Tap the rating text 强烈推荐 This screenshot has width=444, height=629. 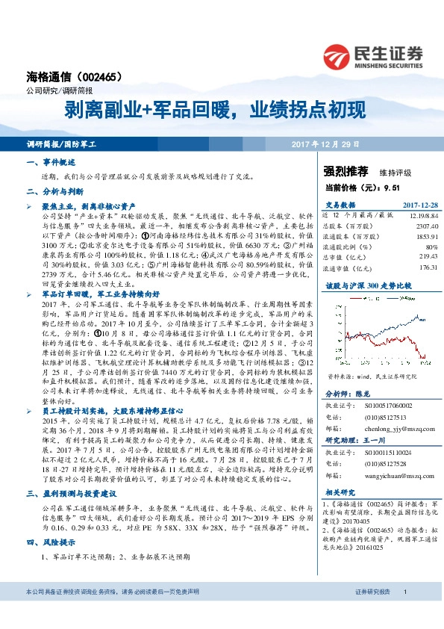pyautogui.click(x=347, y=171)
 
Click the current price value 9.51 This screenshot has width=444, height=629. pyautogui.click(x=401, y=189)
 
